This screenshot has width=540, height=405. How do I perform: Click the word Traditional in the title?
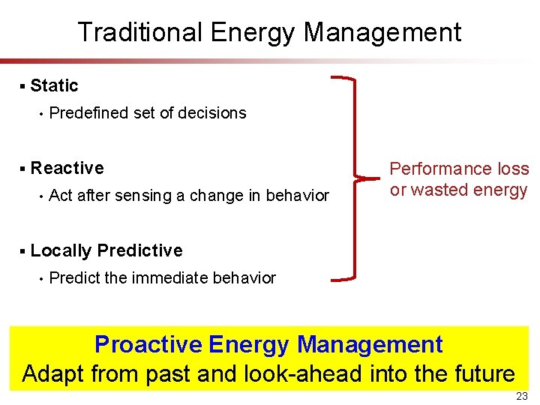point(140,32)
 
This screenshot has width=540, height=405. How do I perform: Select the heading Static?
point(54,85)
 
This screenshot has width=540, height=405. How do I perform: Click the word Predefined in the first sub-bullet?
point(88,113)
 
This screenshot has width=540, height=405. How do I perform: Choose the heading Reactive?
point(67,168)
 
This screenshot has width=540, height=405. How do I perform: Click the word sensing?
point(143,196)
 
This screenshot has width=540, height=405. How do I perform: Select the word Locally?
point(61,250)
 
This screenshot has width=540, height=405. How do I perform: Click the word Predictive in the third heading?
point(140,250)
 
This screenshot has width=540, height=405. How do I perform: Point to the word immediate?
point(170,278)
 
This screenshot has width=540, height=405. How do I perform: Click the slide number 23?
point(522,396)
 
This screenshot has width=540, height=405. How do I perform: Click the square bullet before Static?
point(23,86)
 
